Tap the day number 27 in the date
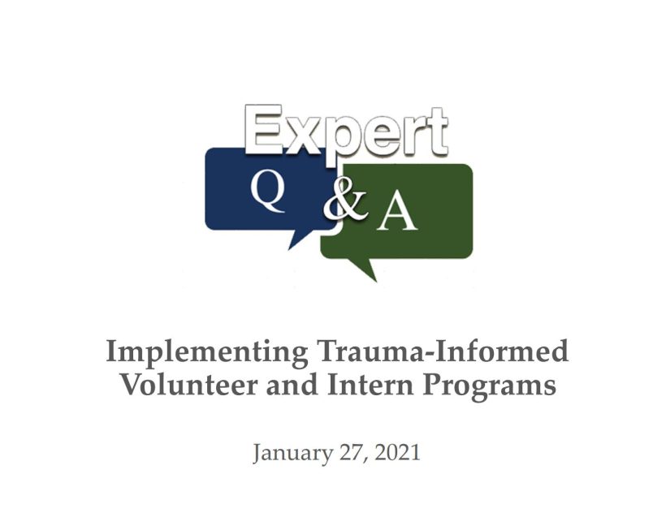click(x=351, y=452)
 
